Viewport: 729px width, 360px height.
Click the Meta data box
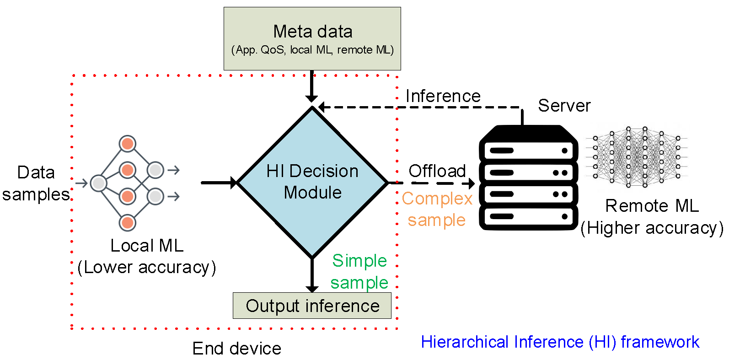[x=312, y=38]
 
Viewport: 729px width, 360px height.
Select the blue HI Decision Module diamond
[x=312, y=182]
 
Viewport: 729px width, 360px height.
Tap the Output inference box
[x=312, y=306]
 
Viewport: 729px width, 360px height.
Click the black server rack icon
[x=528, y=178]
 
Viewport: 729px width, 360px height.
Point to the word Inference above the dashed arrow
[x=443, y=96]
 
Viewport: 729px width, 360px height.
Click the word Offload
[x=437, y=171]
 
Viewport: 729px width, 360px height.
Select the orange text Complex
[x=437, y=199]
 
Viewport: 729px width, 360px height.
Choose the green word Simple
[x=359, y=260]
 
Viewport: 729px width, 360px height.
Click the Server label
[x=564, y=106]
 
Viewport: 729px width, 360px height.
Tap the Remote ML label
[x=652, y=206]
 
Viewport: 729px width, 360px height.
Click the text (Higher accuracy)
[x=652, y=228]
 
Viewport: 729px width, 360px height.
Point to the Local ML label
[x=147, y=246]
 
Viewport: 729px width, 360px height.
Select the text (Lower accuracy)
[x=147, y=267]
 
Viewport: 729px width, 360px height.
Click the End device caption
[x=236, y=349]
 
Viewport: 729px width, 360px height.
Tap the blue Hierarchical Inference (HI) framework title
[x=560, y=342]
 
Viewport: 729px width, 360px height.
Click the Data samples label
[x=36, y=183]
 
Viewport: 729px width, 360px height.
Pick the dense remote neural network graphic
[x=636, y=157]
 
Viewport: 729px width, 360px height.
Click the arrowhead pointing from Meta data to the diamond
[x=311, y=98]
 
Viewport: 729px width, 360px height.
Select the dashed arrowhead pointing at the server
[x=470, y=183]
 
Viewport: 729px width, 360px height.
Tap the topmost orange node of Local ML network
[x=127, y=144]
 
